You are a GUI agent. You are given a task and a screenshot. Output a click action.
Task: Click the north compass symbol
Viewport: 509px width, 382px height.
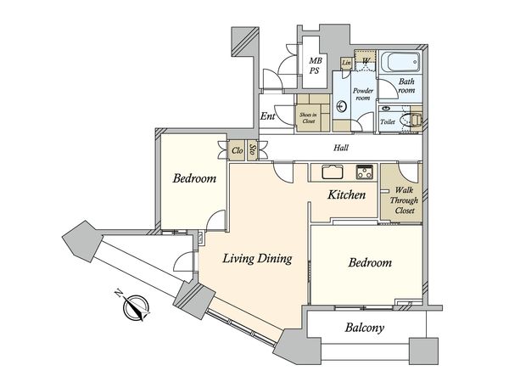click(135, 306)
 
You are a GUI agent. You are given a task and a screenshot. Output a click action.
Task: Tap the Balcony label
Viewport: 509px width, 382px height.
click(365, 328)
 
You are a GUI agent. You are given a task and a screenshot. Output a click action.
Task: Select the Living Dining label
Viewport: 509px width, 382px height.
click(257, 259)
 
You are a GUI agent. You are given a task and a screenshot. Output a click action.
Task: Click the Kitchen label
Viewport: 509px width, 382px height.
click(346, 194)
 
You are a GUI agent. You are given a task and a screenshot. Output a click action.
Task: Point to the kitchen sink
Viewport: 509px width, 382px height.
click(333, 171)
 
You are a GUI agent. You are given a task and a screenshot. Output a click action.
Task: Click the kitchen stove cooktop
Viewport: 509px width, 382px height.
click(365, 171)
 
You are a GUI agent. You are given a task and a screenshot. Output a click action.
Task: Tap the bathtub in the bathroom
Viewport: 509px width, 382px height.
click(400, 62)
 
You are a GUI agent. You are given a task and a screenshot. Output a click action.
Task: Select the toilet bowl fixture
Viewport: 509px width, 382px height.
click(411, 120)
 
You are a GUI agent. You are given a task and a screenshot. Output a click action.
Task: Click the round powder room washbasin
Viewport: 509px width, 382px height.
click(342, 106)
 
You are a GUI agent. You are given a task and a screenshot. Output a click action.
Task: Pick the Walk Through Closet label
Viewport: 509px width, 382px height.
click(404, 200)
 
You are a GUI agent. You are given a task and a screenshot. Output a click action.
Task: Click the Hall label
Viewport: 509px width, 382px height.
click(341, 148)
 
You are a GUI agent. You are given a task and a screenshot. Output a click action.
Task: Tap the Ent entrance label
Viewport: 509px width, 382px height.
click(268, 116)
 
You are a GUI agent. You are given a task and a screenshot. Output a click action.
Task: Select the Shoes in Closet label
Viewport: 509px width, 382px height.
click(308, 118)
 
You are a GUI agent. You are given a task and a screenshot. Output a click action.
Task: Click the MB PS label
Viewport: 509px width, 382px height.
click(315, 65)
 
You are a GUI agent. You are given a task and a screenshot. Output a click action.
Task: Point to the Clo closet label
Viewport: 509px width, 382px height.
click(238, 150)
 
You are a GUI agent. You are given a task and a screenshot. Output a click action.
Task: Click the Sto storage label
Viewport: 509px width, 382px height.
click(252, 149)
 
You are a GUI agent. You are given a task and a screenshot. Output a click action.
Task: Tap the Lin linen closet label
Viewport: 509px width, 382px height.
click(346, 62)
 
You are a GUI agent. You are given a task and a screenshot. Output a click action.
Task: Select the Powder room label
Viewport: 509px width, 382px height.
click(363, 94)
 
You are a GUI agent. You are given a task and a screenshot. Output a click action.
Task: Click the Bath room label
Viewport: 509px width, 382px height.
click(406, 86)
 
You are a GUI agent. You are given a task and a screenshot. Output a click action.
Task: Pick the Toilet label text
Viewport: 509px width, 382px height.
click(388, 121)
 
